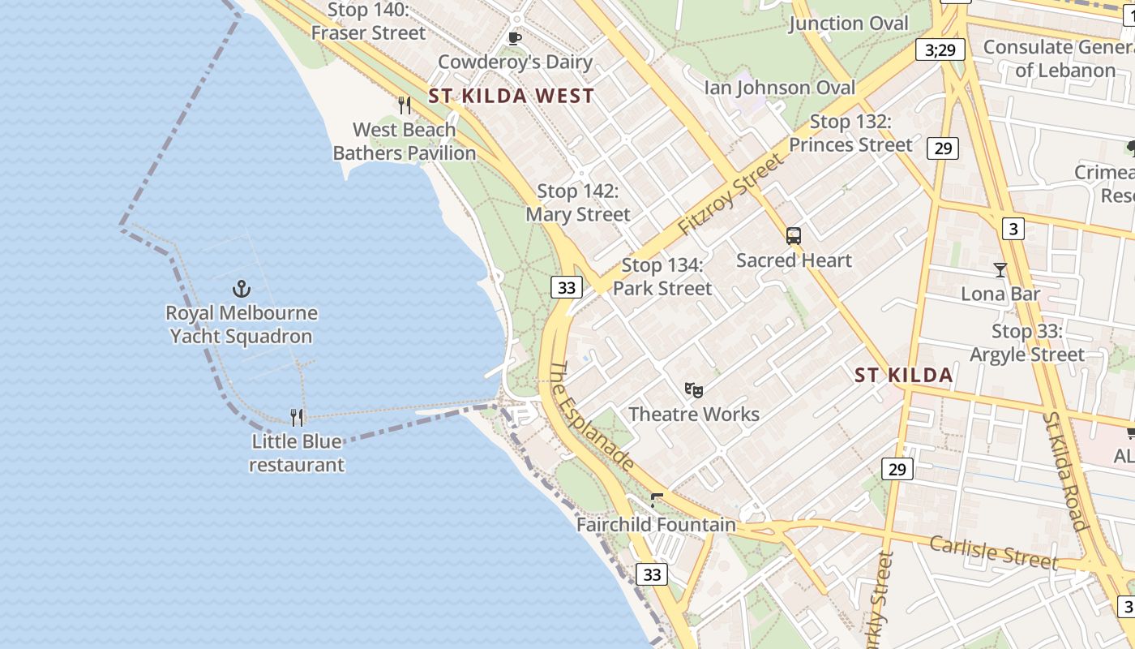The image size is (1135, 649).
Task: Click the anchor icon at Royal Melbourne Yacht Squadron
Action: point(241,288)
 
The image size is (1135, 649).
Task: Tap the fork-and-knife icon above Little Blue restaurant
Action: point(298,418)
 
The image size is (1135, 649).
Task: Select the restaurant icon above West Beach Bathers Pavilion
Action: point(405,105)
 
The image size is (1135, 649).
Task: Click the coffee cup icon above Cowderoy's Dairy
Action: point(514,38)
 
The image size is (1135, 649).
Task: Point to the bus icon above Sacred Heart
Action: point(794,236)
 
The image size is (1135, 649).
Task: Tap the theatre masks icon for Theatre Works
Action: point(693,390)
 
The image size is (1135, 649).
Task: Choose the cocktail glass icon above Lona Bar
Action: point(1000,269)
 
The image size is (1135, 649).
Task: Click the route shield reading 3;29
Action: point(940,50)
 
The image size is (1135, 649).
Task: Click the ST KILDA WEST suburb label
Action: point(512,96)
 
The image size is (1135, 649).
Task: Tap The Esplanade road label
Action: point(592,416)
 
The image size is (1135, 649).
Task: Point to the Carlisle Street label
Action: point(993,552)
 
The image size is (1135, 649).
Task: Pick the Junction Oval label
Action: point(849,23)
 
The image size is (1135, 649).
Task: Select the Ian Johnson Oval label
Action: point(779,87)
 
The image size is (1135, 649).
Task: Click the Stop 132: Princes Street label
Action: point(850,133)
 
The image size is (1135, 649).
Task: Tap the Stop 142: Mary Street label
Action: point(578,203)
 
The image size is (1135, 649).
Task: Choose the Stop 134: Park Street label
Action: point(662,277)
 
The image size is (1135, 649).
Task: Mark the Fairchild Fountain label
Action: point(656,525)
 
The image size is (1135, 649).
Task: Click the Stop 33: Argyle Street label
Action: point(1027,343)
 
